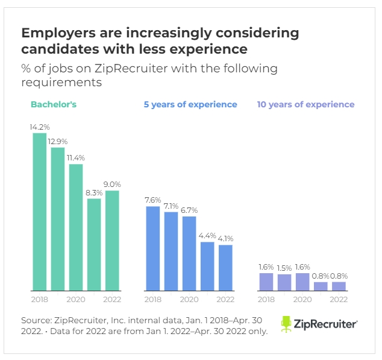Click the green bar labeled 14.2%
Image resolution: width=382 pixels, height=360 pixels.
(39, 211)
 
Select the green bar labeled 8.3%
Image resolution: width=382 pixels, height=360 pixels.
(94, 244)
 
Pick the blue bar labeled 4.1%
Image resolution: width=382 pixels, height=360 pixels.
(225, 267)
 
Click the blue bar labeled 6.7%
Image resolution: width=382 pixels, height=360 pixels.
(189, 253)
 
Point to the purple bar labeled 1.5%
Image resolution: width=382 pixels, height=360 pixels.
(284, 282)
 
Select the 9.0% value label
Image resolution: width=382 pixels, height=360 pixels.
(112, 185)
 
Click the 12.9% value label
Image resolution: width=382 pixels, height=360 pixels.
(58, 141)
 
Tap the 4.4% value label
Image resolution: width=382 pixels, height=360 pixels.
(207, 235)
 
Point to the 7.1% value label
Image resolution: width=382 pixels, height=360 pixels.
(171, 206)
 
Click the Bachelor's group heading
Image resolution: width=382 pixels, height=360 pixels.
(54, 104)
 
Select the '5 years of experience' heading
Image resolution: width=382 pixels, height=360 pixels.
(190, 104)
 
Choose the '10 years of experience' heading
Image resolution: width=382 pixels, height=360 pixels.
(305, 104)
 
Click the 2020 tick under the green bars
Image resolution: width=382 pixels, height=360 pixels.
(76, 299)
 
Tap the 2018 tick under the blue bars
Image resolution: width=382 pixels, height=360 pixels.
(153, 299)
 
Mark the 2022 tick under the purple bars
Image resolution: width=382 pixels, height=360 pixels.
(339, 299)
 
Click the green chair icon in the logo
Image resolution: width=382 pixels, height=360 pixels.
(286, 324)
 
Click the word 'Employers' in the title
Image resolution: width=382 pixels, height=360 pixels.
(55, 31)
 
